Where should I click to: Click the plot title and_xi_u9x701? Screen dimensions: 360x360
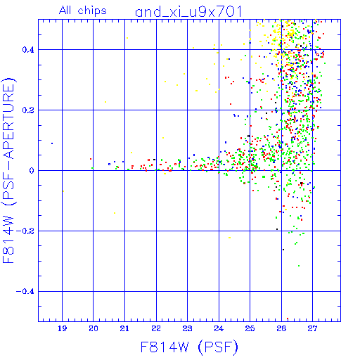pos(188,12)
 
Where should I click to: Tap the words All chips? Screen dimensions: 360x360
pos(83,11)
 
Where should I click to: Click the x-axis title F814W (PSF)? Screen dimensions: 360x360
pos(189,347)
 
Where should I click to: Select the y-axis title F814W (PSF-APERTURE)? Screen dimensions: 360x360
pos(8,171)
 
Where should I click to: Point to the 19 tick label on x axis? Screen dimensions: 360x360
pos(62,328)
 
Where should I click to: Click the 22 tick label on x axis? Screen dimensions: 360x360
pos(156,328)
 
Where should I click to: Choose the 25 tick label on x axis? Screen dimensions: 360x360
pos(250,328)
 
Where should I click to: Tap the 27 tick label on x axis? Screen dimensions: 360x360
pos(312,328)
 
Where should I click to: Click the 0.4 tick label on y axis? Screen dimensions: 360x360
pos(28,50)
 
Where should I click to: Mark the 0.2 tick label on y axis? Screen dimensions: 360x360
pos(28,110)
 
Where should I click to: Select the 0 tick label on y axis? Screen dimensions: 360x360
pos(32,171)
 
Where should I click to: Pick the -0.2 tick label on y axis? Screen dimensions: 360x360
pos(25,231)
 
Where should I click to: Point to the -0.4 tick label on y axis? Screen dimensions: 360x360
pos(25,292)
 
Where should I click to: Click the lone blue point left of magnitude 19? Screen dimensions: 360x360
pos(52,143)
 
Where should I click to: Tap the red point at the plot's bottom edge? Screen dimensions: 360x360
pos(288,319)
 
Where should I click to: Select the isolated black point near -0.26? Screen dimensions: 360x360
pos(283,250)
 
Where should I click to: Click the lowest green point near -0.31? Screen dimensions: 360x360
pos(299,266)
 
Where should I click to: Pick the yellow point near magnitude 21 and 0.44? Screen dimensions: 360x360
pos(127,38)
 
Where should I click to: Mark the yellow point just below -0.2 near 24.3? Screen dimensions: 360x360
pos(230,238)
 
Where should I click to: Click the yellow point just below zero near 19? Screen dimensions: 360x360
pos(63,191)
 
